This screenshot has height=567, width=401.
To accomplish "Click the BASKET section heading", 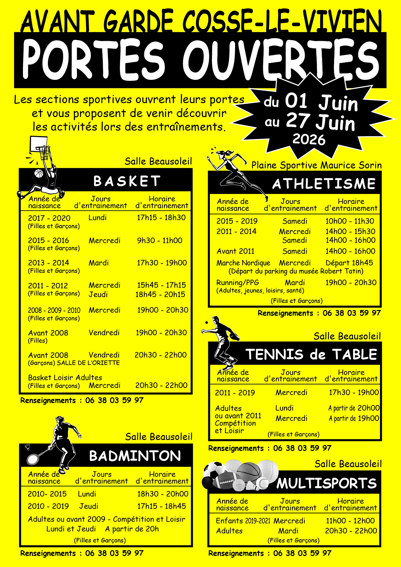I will [127, 181].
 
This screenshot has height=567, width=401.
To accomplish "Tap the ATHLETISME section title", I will [324, 184].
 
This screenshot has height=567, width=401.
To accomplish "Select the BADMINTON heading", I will [135, 456].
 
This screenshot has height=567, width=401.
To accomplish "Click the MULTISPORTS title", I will [327, 483].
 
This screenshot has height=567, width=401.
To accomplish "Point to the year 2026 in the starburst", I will [309, 139].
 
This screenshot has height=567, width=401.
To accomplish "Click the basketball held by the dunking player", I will [39, 174].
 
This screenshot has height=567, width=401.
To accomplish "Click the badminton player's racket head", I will [33, 459].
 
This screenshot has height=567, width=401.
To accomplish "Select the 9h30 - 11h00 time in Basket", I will [159, 241].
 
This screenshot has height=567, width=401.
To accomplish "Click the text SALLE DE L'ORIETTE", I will [88, 363].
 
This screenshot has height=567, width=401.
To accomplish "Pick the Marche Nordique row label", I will [243, 263].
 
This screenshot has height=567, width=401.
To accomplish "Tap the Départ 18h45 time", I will [349, 263].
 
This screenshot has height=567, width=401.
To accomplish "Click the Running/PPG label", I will [238, 283].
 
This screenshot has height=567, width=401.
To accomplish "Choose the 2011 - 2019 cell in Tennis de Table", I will [235, 393].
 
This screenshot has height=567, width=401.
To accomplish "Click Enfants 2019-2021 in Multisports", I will [243, 521].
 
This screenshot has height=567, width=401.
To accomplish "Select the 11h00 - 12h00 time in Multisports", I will [350, 521].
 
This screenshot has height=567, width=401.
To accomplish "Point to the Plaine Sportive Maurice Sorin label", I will [316, 165].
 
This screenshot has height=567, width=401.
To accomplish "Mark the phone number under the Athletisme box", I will [352, 313].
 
